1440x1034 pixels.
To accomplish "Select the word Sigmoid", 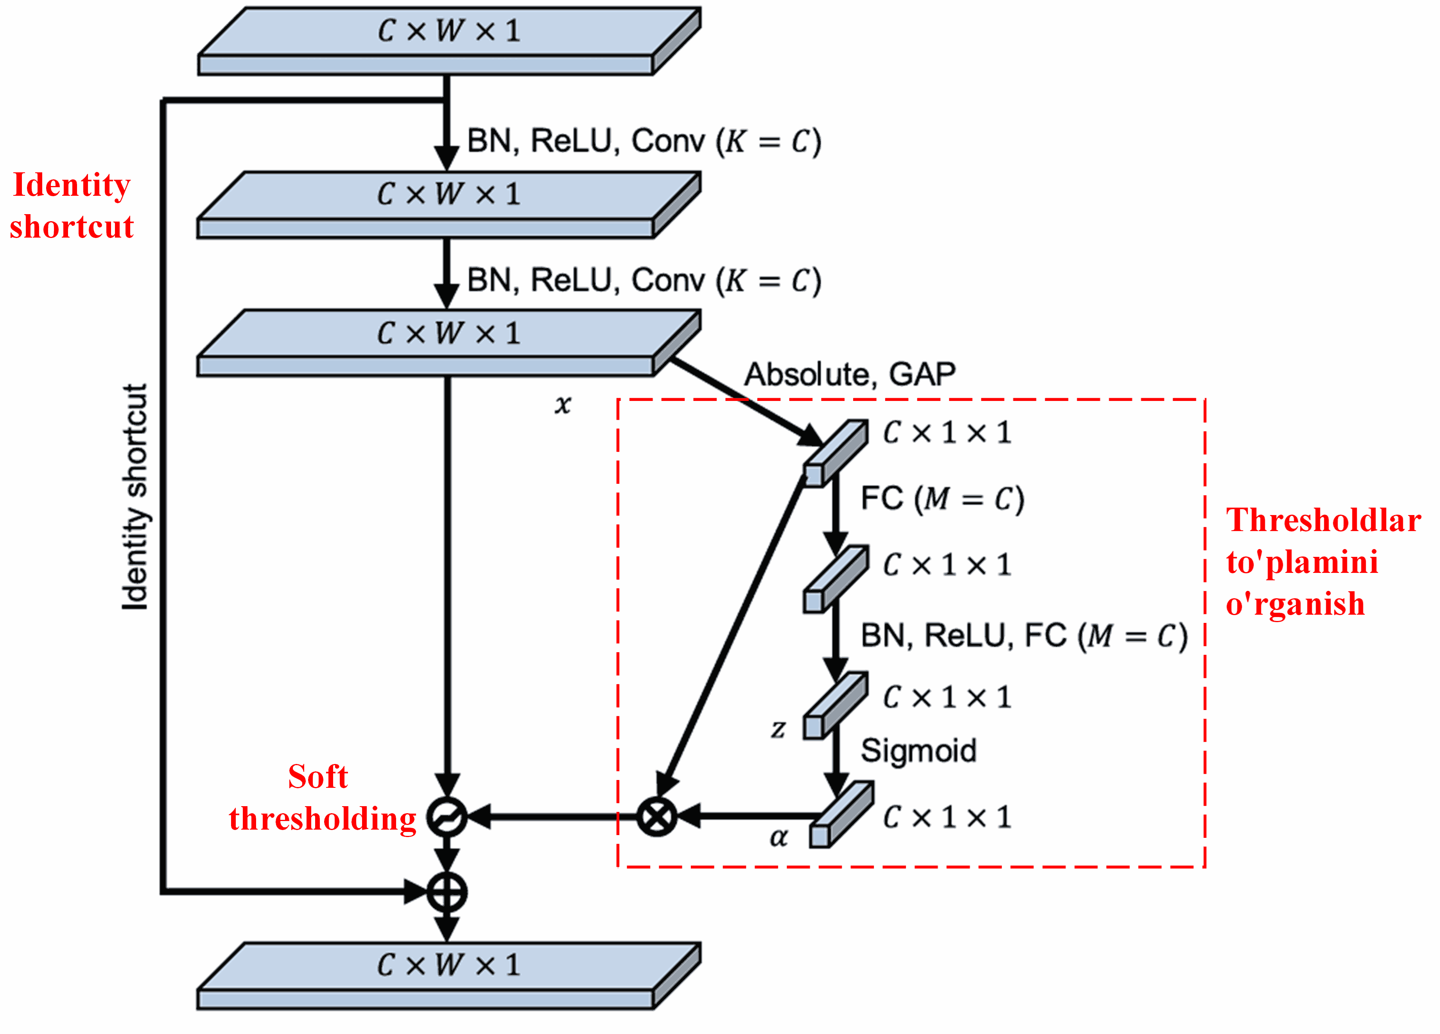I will tap(918, 751).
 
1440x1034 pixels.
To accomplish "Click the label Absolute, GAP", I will tap(850, 374).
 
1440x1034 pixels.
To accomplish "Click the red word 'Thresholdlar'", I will tap(1323, 521).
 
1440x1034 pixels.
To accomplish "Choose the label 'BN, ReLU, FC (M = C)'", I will tap(1024, 636).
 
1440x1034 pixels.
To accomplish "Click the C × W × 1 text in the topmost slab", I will tap(449, 30).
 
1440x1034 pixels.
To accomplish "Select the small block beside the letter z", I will tap(834, 706).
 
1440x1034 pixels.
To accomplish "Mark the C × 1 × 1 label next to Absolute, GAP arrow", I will tap(946, 433).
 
